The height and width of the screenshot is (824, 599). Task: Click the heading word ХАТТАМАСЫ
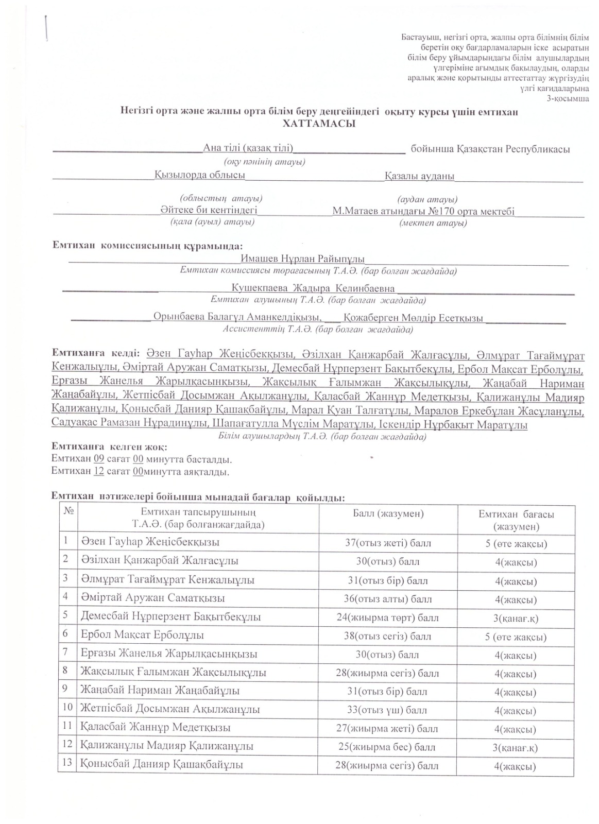[319, 124]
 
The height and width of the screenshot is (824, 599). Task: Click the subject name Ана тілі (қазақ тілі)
[248, 149]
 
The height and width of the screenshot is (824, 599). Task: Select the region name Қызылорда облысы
[200, 175]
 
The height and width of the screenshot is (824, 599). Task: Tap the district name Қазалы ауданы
[419, 176]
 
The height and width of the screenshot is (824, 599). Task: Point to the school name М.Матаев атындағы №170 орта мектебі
[423, 211]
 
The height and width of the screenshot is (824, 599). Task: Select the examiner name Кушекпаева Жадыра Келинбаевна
[313, 288]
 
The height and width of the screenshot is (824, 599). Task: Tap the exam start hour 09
[99, 459]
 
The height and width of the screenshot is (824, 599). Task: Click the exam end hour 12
[99, 471]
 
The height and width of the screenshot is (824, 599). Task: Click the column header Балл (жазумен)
[388, 513]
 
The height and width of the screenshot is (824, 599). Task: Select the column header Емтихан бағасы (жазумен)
[516, 520]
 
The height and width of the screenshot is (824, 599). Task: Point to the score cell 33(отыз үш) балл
[387, 710]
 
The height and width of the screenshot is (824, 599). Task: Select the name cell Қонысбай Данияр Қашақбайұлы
[162, 765]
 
